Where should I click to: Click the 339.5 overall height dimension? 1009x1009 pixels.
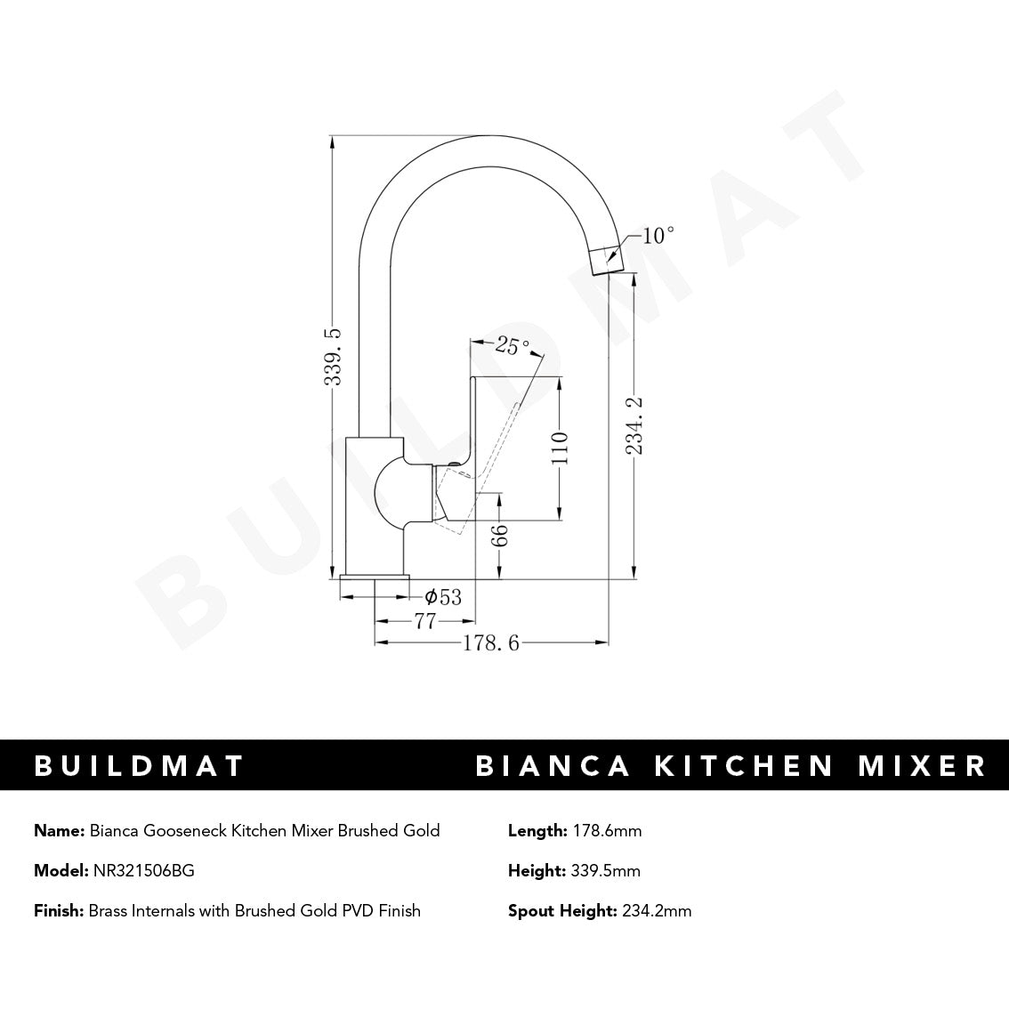(333, 356)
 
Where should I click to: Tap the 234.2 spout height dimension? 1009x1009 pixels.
(634, 425)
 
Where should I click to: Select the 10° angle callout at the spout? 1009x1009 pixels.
(658, 236)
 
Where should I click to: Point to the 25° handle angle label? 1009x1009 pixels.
(513, 345)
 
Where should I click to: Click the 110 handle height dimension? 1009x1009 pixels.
(560, 450)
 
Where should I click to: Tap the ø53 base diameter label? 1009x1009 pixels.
(443, 597)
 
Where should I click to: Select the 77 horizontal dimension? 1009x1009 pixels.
(425, 621)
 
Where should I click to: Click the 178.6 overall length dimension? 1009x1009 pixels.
(490, 643)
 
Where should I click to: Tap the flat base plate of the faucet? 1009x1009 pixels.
(375, 581)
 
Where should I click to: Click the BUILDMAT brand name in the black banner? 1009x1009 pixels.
(139, 765)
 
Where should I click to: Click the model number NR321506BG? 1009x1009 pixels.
(143, 871)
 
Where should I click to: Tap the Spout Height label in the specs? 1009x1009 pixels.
(561, 910)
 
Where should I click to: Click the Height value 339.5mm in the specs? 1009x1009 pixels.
(603, 871)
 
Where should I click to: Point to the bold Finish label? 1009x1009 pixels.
(59, 910)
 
